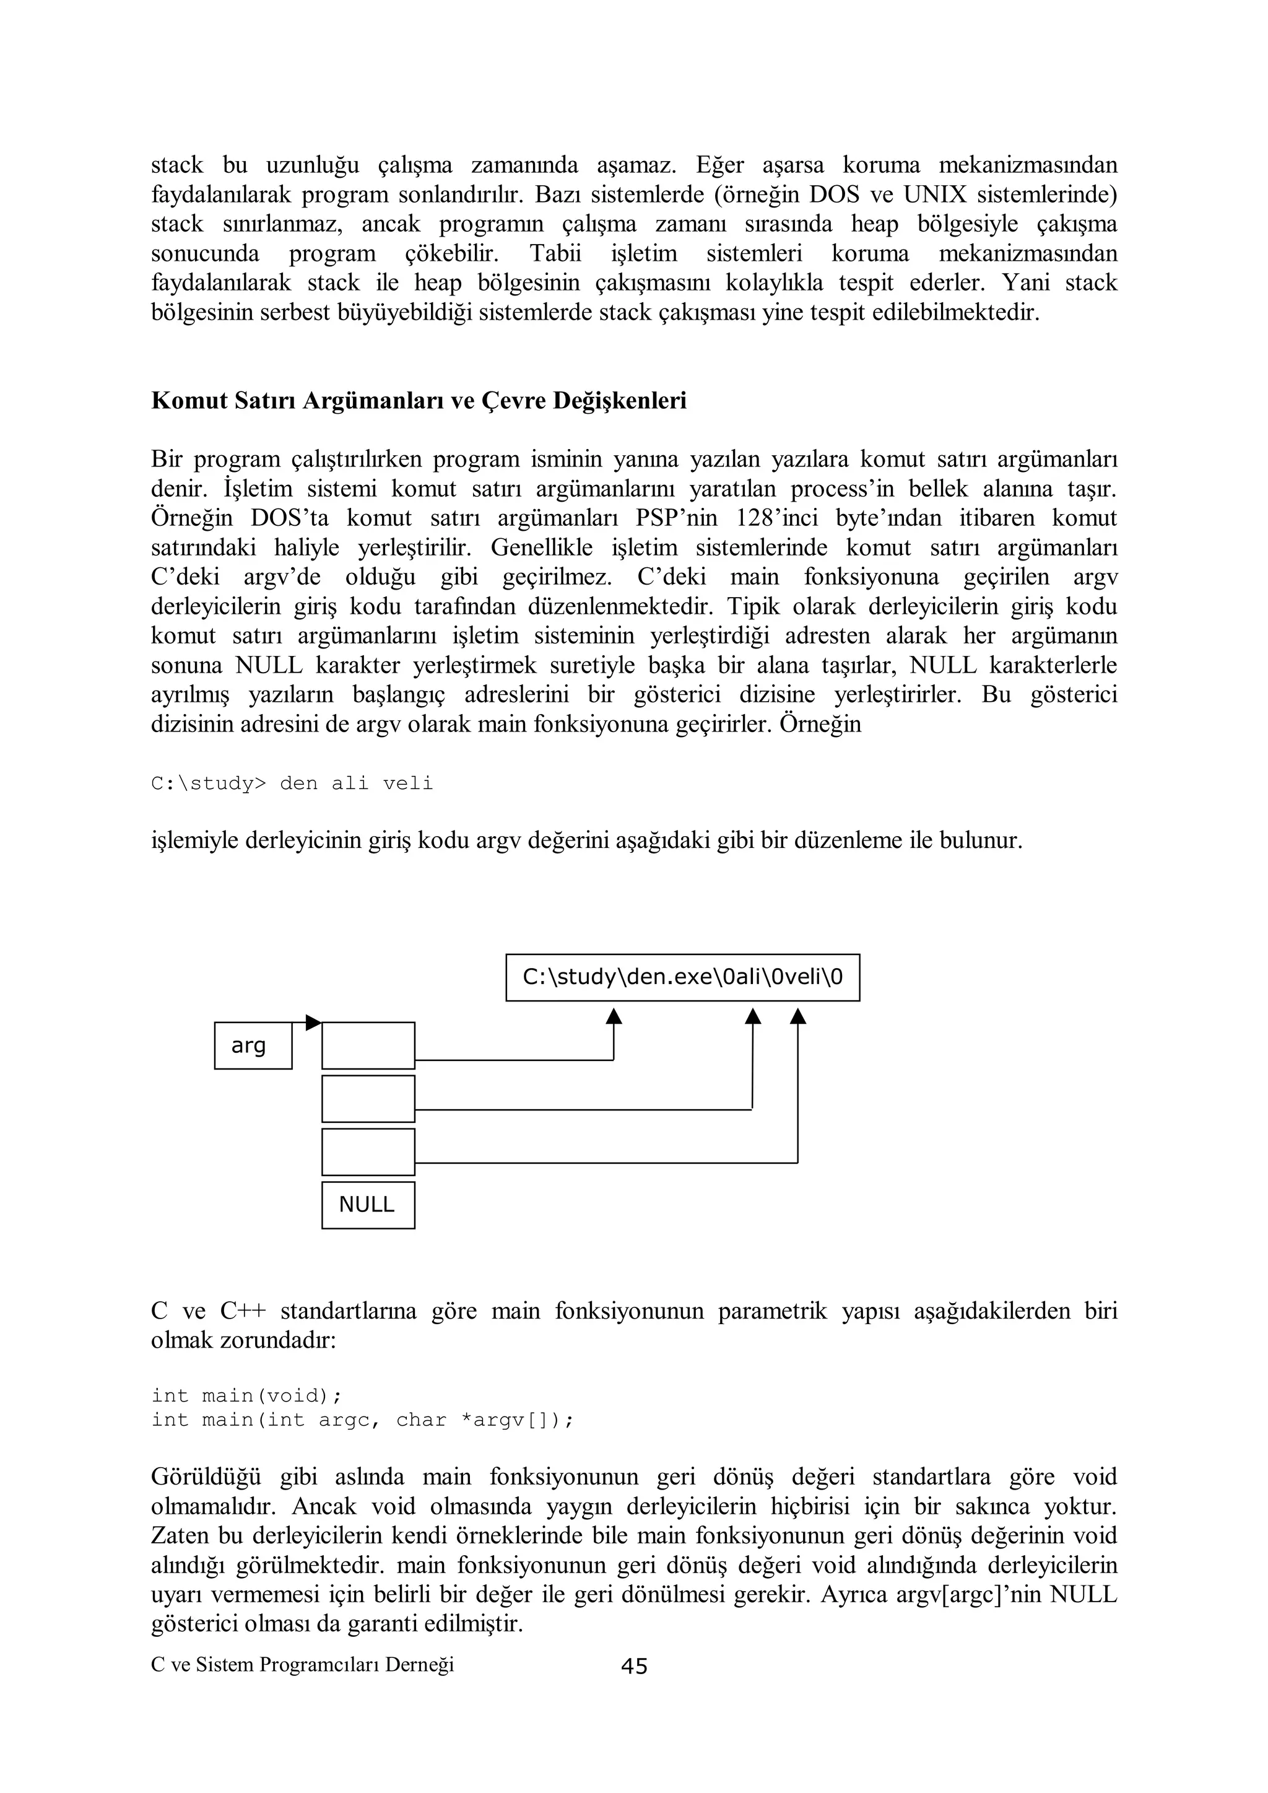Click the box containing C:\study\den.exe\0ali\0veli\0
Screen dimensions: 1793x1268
[682, 977]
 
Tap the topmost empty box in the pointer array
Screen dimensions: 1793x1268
[368, 1045]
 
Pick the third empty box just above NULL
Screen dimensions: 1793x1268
[368, 1152]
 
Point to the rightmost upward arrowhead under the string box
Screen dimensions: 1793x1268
[797, 1016]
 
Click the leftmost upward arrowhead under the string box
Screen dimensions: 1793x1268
[614, 1016]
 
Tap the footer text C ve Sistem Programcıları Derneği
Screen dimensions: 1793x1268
[302, 1664]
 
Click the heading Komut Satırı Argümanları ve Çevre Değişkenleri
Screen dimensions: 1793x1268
[419, 401]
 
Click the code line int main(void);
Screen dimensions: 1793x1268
[247, 1395]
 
